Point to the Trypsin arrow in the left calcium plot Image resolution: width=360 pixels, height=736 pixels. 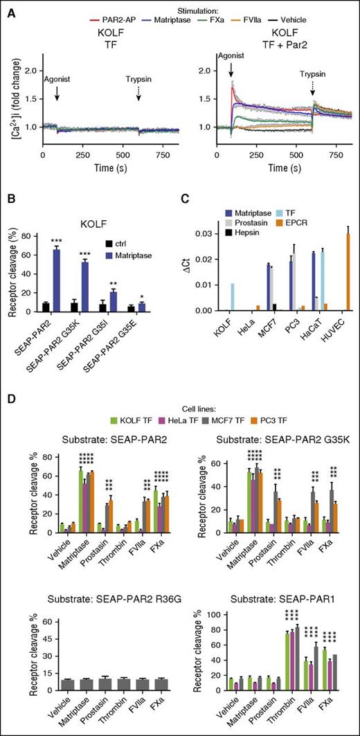click(138, 110)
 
